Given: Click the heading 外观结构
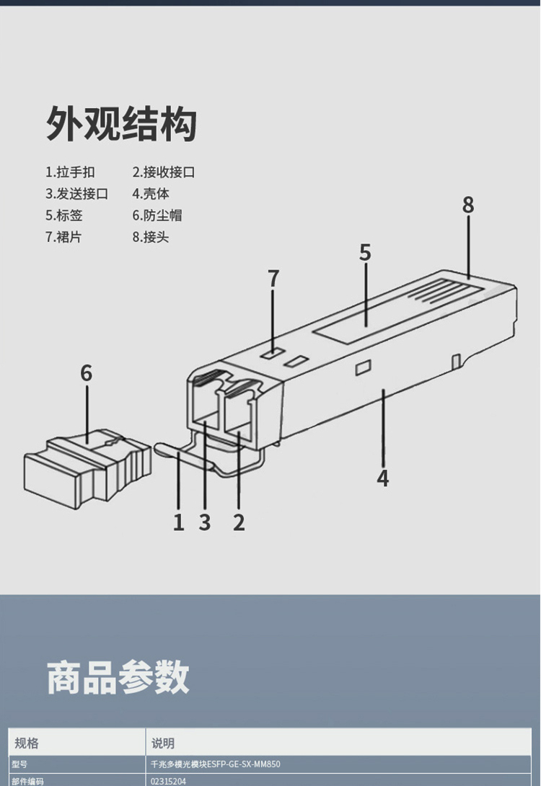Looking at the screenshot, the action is click(121, 123).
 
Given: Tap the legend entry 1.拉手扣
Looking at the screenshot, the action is click(70, 172).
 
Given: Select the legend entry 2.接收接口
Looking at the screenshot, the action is click(164, 172).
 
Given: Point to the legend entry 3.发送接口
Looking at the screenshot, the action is click(76, 194).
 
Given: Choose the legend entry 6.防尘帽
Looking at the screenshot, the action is click(157, 215).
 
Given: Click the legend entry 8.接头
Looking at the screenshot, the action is click(151, 237).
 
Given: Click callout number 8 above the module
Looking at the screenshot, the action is click(467, 205).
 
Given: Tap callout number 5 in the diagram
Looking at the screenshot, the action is click(365, 253).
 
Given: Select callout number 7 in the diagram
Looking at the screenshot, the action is click(273, 279).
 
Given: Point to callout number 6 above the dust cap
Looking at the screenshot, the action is click(87, 373).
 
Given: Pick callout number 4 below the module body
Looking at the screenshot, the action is click(382, 478).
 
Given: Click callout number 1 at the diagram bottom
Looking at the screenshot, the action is click(179, 522).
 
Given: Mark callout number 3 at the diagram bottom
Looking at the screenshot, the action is click(204, 522).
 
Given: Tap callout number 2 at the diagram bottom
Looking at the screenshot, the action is click(239, 522).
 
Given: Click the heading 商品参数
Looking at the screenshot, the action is click(118, 677).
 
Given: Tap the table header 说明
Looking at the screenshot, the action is click(162, 743).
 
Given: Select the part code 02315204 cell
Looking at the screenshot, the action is click(168, 781).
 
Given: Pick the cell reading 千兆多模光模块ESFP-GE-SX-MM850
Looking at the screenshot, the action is click(215, 764).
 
